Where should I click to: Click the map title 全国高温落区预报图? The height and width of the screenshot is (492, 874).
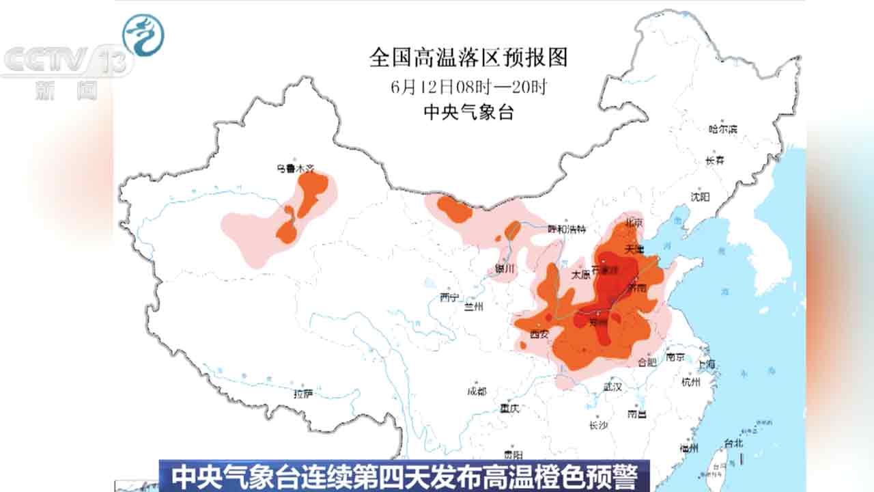pos(468,58)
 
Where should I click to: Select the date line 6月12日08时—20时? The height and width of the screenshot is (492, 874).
pos(468,87)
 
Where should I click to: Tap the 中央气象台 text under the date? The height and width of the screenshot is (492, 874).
pos(468,113)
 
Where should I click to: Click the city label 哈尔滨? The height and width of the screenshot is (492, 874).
pos(723,128)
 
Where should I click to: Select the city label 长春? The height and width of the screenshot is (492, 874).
pos(715,161)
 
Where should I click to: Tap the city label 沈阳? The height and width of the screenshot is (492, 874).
pos(700,197)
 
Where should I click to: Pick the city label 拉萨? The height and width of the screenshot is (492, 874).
pos(303,394)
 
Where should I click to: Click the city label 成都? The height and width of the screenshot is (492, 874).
pos(477,391)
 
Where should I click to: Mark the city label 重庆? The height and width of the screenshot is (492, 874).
pos(509,409)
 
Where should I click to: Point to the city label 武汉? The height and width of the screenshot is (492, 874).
pos(612,387)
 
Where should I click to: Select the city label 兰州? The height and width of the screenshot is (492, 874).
pos(473,307)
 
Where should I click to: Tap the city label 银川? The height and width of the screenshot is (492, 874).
pos(505,269)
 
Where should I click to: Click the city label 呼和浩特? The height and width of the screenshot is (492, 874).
pos(567,230)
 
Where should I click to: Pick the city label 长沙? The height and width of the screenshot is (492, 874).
pos(597,425)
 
